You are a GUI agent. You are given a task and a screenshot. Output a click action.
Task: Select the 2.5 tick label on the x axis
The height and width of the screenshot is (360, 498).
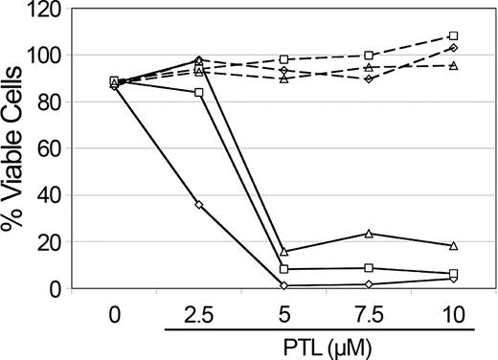click(198, 312)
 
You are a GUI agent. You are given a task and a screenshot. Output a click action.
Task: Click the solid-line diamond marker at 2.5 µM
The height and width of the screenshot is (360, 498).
click(198, 205)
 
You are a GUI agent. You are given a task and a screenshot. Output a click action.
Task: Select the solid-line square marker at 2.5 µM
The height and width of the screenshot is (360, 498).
click(198, 93)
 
